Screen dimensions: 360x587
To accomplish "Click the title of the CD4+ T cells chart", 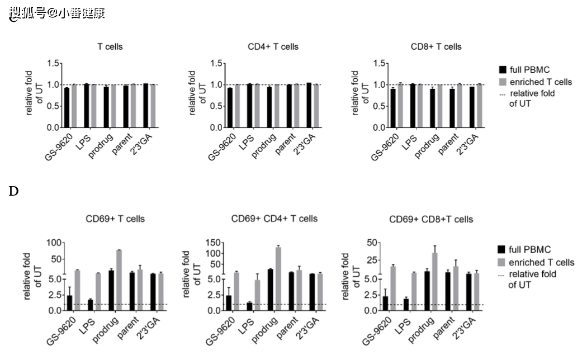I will [x=273, y=46].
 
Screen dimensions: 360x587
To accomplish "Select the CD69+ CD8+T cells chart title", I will [x=431, y=219].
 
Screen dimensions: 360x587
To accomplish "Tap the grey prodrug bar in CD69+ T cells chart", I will [x=119, y=280].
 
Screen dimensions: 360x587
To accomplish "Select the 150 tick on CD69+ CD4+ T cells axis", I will [x=211, y=243].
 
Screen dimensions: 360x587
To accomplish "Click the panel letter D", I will [x=14, y=192].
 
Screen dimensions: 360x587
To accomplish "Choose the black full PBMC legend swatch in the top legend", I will [x=503, y=70].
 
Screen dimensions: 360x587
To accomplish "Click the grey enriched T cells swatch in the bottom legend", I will [x=503, y=262].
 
